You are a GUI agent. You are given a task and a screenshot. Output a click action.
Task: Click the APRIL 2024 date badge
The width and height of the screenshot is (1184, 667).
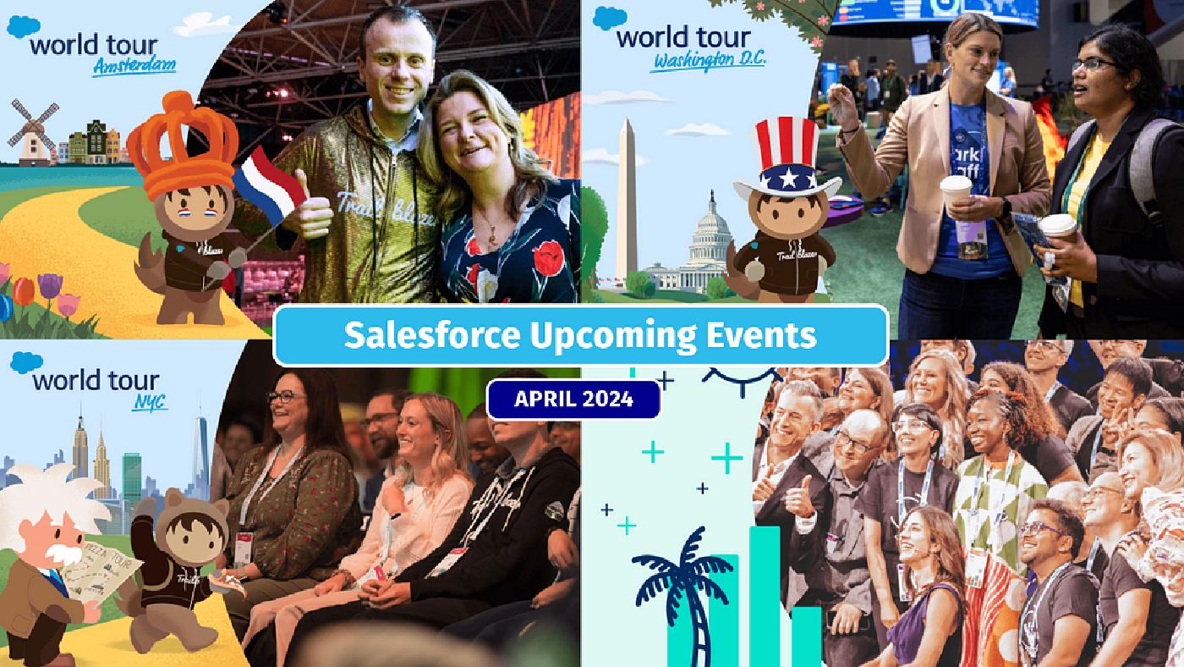573,399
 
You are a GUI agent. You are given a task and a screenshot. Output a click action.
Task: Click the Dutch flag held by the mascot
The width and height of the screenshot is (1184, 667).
268,185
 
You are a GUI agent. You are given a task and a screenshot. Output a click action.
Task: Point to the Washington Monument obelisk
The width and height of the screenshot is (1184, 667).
626,199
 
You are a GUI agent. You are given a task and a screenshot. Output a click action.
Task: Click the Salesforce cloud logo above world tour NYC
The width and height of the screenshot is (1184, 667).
25,363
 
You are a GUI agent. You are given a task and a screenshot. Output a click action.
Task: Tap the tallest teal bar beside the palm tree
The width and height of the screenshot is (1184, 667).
765,593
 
